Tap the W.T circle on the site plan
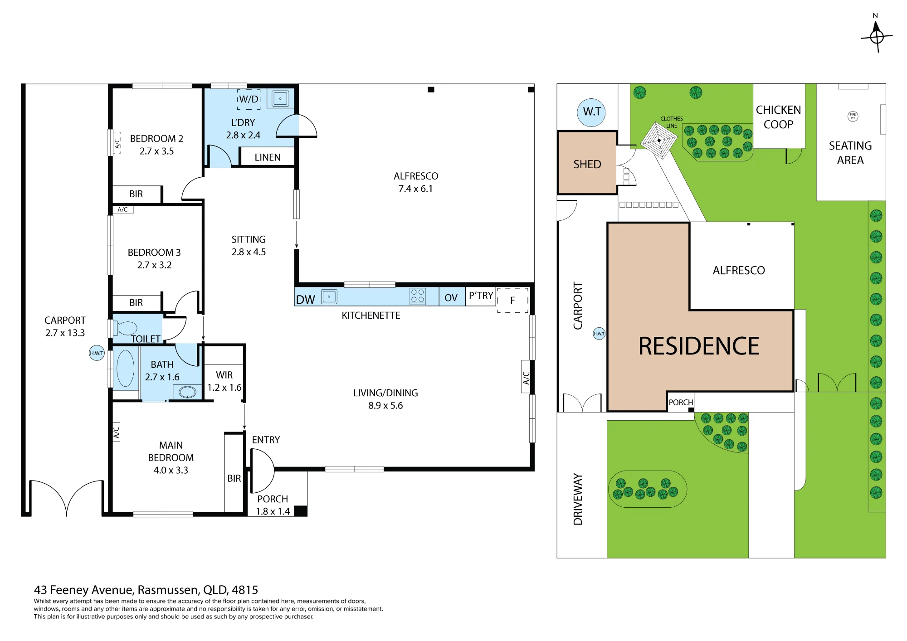tap(591, 112)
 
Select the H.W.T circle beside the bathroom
tap(97, 353)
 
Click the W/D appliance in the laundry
tap(249, 99)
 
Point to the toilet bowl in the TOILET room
tap(126, 328)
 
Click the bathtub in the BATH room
tap(125, 368)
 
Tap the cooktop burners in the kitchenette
tap(418, 296)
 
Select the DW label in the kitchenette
tap(306, 300)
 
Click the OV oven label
tap(451, 298)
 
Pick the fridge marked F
tap(513, 300)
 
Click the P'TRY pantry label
tap(481, 296)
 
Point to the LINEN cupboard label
tap(268, 157)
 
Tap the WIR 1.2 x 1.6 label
tap(224, 381)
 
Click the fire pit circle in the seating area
tap(853, 117)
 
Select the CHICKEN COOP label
tap(778, 117)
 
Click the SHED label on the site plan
tap(587, 164)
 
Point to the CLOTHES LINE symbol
tap(659, 140)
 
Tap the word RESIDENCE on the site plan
tap(699, 346)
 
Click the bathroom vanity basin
tap(187, 392)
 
